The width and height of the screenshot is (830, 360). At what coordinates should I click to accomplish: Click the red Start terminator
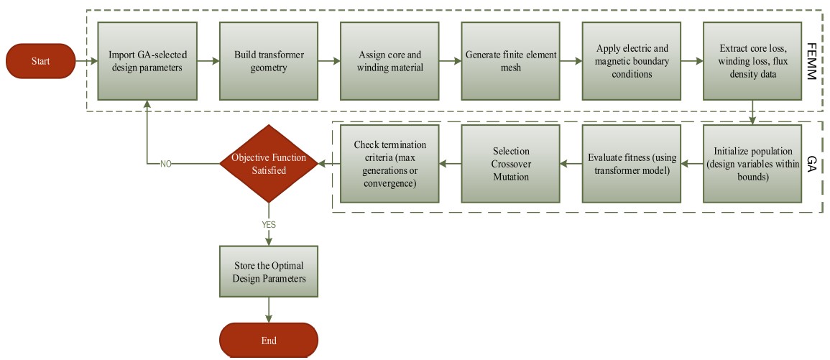(41, 61)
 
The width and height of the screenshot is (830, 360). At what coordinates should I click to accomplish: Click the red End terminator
(269, 341)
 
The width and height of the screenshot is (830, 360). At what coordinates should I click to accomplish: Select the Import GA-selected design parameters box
(146, 61)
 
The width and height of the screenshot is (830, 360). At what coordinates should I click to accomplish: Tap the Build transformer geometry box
(267, 61)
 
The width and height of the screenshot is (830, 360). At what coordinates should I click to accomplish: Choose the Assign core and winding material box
(389, 61)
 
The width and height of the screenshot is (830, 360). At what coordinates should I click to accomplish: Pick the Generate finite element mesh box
(510, 61)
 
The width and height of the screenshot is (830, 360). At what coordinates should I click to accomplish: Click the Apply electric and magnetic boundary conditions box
(632, 61)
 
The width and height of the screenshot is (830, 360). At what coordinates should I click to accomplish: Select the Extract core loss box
(752, 61)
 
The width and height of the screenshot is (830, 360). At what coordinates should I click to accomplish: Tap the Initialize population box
(752, 164)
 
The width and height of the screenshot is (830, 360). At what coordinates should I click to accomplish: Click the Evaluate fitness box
(632, 164)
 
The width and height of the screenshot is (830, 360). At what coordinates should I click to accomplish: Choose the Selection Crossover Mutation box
(510, 164)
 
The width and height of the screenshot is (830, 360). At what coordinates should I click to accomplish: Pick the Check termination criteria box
(389, 164)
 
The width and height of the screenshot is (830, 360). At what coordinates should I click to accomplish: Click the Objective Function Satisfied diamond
(269, 164)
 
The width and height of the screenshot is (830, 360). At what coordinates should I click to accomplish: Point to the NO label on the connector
(165, 164)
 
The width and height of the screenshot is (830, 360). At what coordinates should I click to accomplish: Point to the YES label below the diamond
(269, 224)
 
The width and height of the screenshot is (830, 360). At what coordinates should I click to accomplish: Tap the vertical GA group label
(813, 163)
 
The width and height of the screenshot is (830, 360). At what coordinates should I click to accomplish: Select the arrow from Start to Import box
(86, 61)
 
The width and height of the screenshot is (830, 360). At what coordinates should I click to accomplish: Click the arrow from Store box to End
(269, 310)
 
